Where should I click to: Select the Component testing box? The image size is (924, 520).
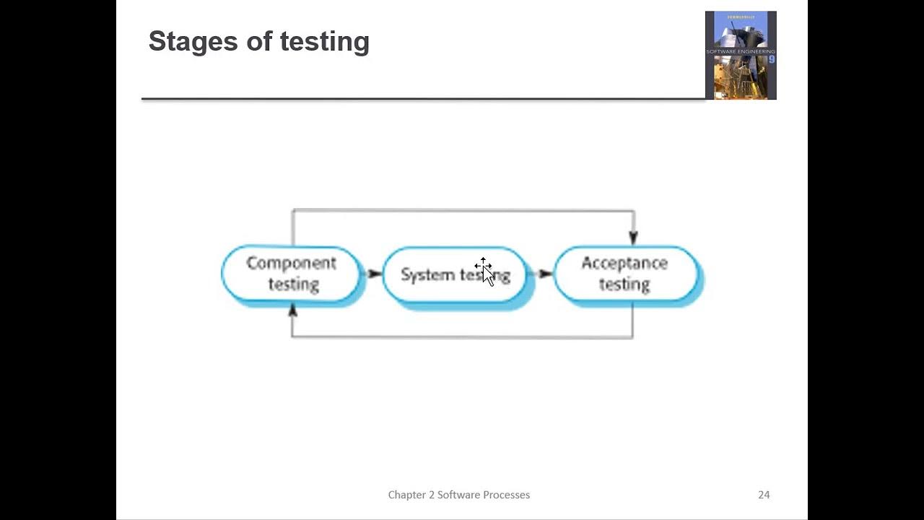(x=291, y=274)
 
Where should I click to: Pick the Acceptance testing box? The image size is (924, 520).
(x=625, y=274)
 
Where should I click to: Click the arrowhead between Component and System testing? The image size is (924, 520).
(x=375, y=274)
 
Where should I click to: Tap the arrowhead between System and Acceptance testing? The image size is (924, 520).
(x=546, y=274)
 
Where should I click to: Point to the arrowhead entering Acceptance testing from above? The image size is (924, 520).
(x=634, y=238)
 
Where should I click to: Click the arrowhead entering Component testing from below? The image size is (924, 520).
(x=292, y=311)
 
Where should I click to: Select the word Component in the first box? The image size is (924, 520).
(x=291, y=263)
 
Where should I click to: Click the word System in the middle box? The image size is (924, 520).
(x=427, y=275)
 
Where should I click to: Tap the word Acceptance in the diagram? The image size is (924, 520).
(x=624, y=263)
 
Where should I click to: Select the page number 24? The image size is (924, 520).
(x=764, y=495)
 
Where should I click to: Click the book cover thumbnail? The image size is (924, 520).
(x=741, y=55)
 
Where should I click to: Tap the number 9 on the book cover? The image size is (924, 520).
(x=771, y=60)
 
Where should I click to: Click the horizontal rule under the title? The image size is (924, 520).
(x=423, y=98)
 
